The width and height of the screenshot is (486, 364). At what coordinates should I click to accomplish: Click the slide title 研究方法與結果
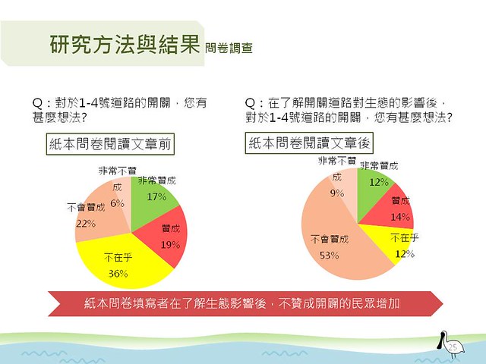tap(125, 44)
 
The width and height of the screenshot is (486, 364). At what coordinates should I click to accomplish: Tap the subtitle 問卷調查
tap(229, 48)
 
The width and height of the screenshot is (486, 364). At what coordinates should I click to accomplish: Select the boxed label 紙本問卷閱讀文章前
tap(110, 144)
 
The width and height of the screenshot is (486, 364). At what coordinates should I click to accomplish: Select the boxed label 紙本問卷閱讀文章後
tap(309, 143)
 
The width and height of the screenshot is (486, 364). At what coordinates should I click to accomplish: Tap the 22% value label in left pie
tap(86, 224)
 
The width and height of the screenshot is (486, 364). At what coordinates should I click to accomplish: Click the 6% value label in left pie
tap(118, 204)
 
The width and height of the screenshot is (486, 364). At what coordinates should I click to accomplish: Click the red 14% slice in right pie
tap(393, 211)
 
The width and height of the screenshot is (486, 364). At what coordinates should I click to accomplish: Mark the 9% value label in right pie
tap(337, 193)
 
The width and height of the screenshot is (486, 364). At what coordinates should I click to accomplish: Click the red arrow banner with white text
tap(245, 303)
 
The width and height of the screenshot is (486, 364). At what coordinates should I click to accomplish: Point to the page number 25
tap(453, 347)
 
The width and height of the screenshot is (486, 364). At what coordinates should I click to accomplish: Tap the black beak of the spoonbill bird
tap(440, 342)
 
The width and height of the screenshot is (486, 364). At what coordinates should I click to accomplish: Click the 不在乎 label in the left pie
tap(118, 257)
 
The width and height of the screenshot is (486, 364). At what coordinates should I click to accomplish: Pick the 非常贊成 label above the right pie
tap(379, 166)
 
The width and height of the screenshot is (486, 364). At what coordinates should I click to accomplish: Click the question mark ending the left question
tap(84, 118)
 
